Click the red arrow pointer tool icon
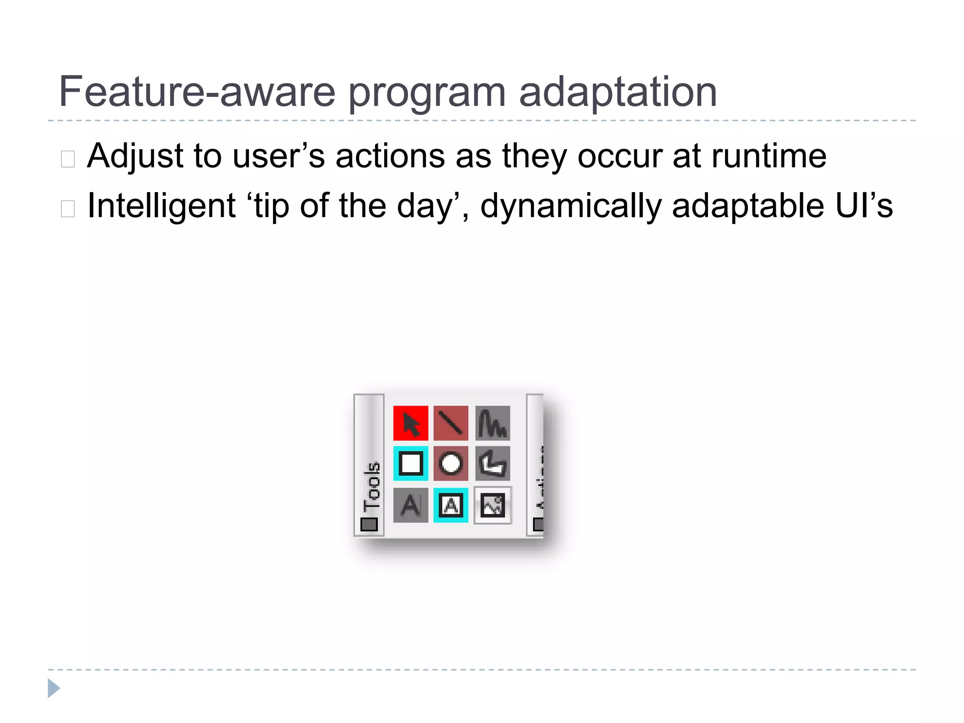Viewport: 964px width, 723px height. [x=410, y=423]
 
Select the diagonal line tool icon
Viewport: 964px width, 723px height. [x=450, y=423]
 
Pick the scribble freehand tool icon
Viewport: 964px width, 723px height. [x=492, y=423]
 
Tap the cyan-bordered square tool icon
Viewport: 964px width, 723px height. [x=410, y=463]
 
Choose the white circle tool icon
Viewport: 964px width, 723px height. [x=450, y=463]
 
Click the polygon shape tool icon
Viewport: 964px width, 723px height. [x=492, y=463]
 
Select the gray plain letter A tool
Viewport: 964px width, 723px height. [x=410, y=505]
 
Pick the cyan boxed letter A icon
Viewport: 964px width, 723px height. [x=450, y=505]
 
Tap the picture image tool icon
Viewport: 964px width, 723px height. [x=492, y=505]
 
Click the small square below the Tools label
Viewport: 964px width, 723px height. [x=369, y=524]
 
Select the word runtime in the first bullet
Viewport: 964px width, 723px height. [x=768, y=156]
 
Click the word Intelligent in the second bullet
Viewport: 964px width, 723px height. [x=161, y=207]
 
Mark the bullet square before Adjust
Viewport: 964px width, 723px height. [x=68, y=159]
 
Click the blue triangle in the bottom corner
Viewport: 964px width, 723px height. [x=54, y=688]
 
